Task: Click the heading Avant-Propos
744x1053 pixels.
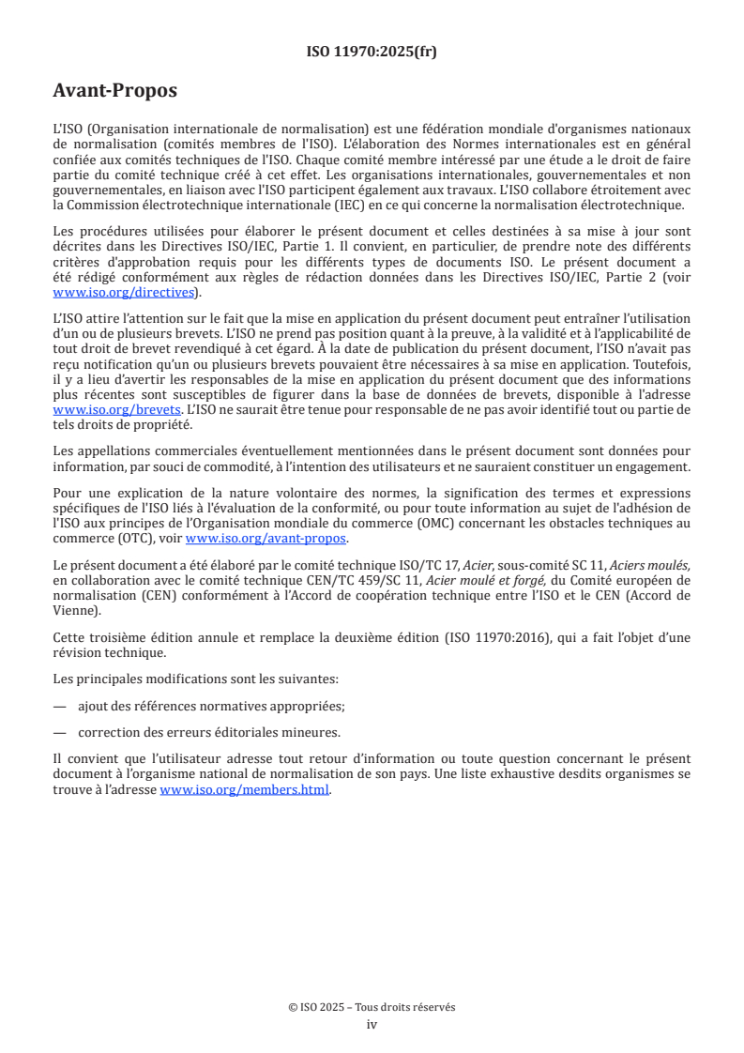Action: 115,91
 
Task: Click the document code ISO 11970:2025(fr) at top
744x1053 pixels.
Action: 372,52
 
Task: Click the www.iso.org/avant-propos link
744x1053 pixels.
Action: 266,538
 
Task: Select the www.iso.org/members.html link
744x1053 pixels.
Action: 245,790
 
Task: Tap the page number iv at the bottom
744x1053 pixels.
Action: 372,1024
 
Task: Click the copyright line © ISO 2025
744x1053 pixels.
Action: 372,1007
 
